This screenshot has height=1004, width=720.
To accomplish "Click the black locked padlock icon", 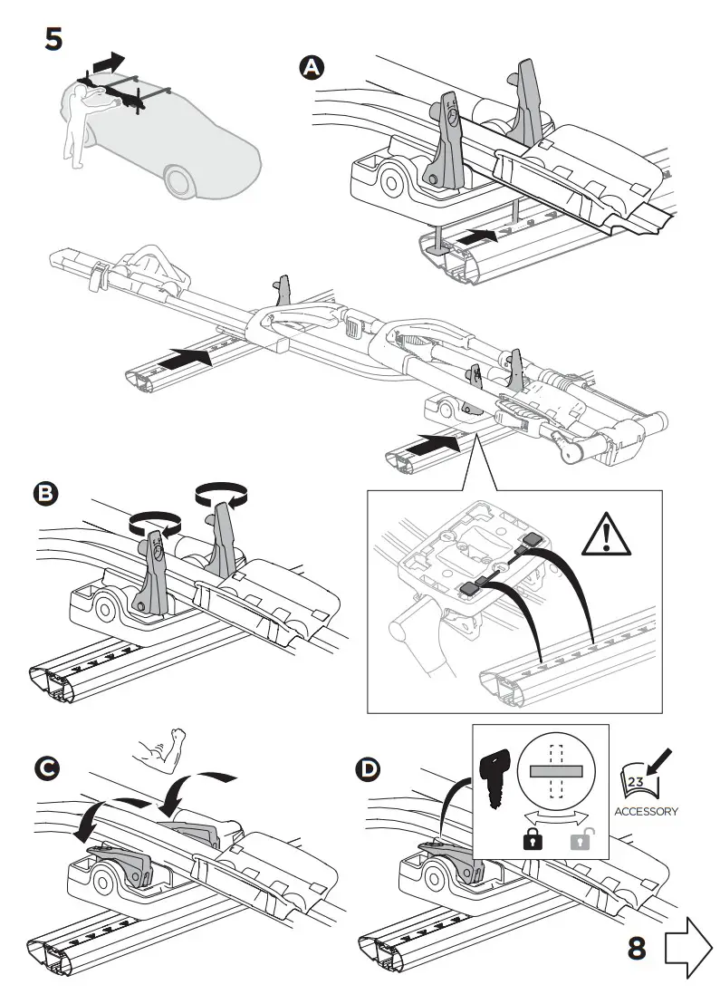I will tap(529, 839).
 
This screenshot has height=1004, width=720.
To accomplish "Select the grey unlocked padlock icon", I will tap(581, 839).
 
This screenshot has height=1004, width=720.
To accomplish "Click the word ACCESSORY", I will tap(646, 811).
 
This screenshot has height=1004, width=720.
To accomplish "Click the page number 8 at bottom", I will tap(638, 948).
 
